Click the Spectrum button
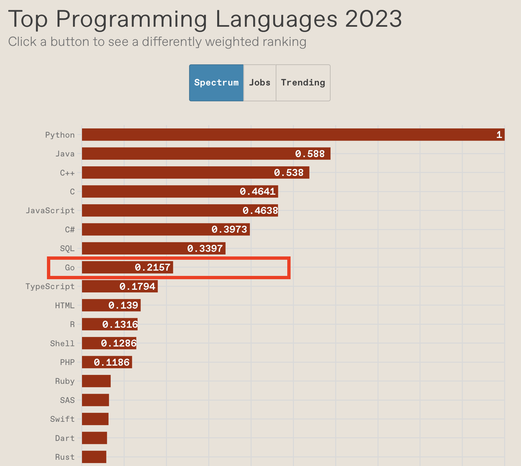pos(216,83)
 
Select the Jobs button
pos(260,83)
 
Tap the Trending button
pos(303,83)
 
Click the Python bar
pos(293,135)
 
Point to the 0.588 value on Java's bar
pos(310,154)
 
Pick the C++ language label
pos(67,173)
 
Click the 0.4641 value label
pos(258,192)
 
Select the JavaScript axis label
pos(50,211)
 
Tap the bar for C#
pos(166,229)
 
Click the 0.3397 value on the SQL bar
pos(205,249)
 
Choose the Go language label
pos(70,268)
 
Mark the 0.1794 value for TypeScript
pos(137,286)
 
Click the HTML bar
pos(111,305)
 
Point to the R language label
pos(72,324)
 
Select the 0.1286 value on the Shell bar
pos(119,344)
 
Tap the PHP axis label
pos(67,362)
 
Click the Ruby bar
pos(96,381)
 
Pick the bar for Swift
pos(95,419)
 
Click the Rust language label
pos(65,457)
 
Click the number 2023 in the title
pos(374,19)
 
